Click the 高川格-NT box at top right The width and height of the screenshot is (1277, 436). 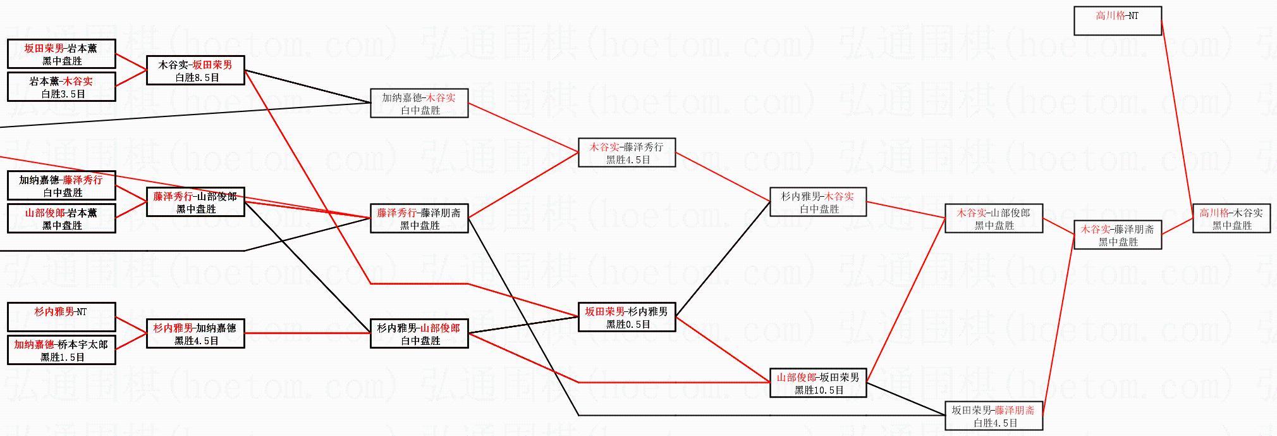coord(1117,21)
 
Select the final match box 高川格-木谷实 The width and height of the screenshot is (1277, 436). coord(1231,218)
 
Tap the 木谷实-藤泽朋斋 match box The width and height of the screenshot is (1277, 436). coord(1117,235)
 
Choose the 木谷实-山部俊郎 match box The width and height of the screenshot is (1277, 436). coord(993,218)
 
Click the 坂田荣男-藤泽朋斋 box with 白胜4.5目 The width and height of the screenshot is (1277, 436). coord(993,416)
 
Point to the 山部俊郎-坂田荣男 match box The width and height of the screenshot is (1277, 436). coord(817,383)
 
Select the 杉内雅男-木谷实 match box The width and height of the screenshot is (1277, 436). coord(817,202)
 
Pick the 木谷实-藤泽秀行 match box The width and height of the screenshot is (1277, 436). coord(626,153)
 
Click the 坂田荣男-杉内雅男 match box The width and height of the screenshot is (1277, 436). coord(626,317)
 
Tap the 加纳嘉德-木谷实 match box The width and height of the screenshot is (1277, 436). coord(419,103)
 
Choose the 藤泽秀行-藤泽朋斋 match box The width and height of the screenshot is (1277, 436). coord(419,218)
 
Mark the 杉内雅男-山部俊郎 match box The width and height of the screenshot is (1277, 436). coord(419,333)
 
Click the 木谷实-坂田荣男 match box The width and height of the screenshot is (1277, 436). coord(195,70)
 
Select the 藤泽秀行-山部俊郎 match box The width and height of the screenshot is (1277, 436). coord(195,202)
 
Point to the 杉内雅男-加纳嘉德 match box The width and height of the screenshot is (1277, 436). coord(195,333)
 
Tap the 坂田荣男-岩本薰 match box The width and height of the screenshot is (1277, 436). coord(61,54)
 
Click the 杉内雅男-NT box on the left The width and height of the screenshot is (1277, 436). coord(61,317)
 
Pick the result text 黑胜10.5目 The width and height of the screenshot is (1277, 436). coord(819,390)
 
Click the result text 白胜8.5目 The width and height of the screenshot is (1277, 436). coord(197,78)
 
